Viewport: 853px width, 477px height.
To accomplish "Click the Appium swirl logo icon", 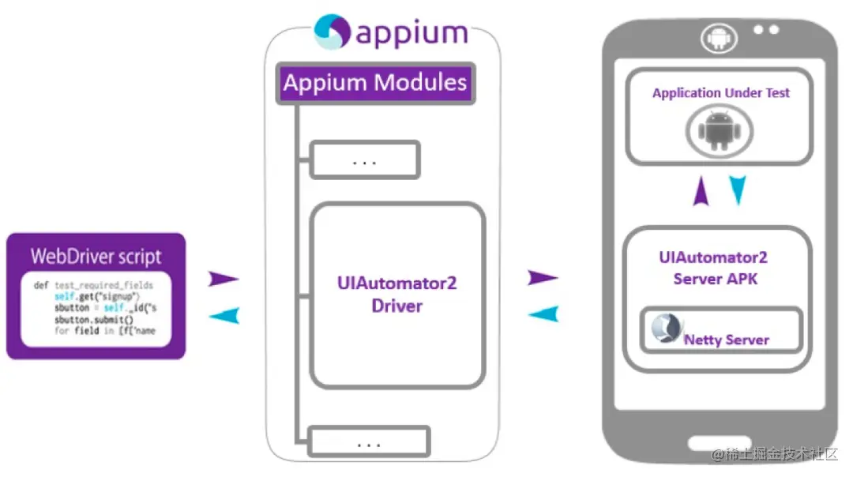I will (332, 32).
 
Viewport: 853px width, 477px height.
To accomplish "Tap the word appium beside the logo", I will (411, 34).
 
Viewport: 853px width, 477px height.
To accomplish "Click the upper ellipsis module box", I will (365, 160).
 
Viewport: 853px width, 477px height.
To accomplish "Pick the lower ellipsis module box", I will (369, 442).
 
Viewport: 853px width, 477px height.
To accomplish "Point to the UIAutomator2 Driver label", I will (396, 294).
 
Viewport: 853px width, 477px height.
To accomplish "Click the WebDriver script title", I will (96, 256).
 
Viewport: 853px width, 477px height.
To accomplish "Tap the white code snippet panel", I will (96, 308).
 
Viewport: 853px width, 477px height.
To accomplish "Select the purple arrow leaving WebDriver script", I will (223, 278).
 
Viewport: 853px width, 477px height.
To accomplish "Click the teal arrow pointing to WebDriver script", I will (224, 316).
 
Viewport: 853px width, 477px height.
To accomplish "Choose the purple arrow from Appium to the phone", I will (542, 277).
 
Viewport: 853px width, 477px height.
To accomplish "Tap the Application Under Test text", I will (720, 93).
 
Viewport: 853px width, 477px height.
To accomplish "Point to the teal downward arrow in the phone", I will (738, 190).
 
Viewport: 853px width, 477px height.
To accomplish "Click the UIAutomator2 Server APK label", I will (713, 268).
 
